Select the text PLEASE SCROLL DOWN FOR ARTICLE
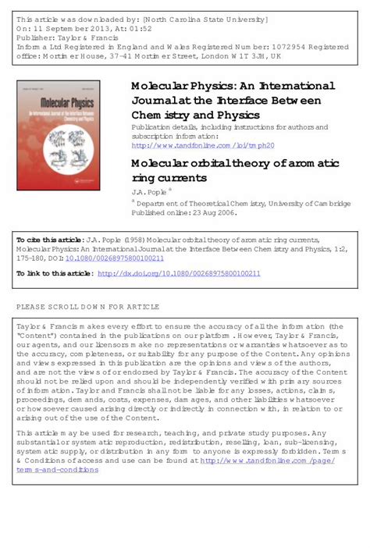[x=87, y=307]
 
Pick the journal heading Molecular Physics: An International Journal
[x=233, y=85]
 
